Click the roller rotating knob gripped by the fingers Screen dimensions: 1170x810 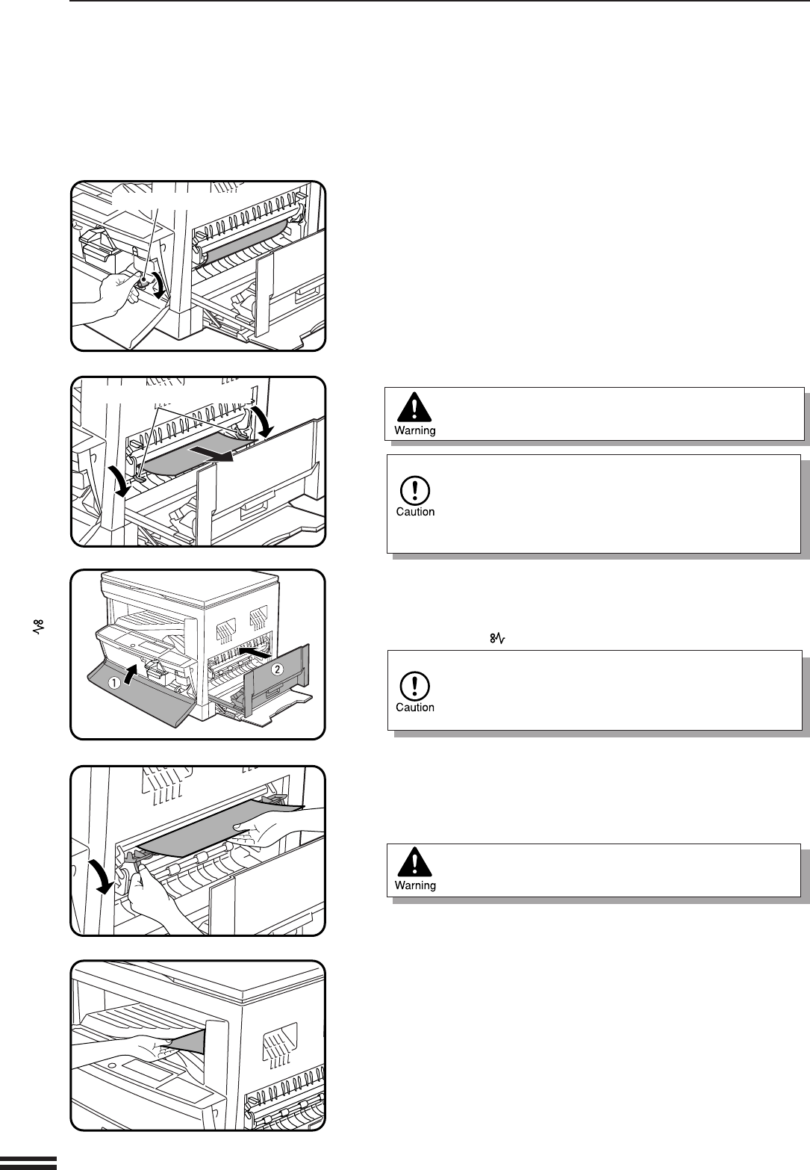tap(141, 279)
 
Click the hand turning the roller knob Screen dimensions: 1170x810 tap(105, 295)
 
